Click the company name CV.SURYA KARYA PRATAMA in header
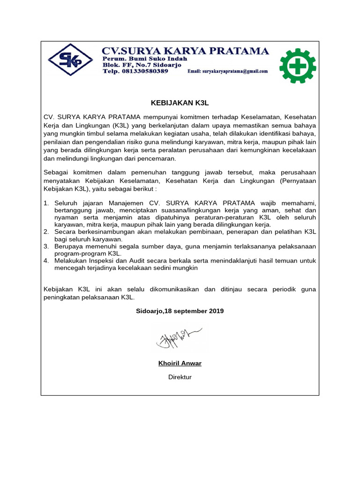186,51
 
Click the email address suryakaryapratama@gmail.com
227,72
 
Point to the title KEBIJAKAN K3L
180,102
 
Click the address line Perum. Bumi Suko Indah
145,59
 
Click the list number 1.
46,203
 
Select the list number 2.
46,232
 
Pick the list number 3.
46,246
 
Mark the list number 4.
46,261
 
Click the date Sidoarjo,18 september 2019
180,311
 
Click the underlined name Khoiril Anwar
180,363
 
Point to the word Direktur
180,377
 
